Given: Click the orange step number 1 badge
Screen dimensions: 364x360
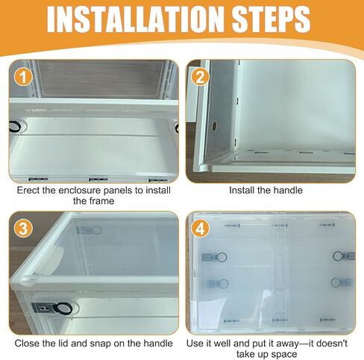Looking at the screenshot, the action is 23,78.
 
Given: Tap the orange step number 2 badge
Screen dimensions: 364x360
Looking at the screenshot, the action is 200,78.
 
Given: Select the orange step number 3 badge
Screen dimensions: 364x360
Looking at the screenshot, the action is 23,229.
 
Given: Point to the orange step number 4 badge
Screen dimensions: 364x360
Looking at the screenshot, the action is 200,229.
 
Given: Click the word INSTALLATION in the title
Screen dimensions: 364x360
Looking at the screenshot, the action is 134,19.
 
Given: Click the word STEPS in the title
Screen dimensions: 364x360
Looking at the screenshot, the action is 271,19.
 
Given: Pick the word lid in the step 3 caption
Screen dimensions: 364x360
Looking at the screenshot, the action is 64,344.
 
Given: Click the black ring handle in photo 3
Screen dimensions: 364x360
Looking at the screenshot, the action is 63,309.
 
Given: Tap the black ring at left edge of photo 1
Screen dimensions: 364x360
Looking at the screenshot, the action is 15,127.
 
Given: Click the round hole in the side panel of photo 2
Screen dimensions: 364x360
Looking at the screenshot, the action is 214,126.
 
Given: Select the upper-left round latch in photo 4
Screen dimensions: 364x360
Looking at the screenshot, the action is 221,257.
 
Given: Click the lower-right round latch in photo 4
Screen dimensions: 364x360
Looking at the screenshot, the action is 337,282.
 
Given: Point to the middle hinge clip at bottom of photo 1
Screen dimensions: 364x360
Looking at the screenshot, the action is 98,179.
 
